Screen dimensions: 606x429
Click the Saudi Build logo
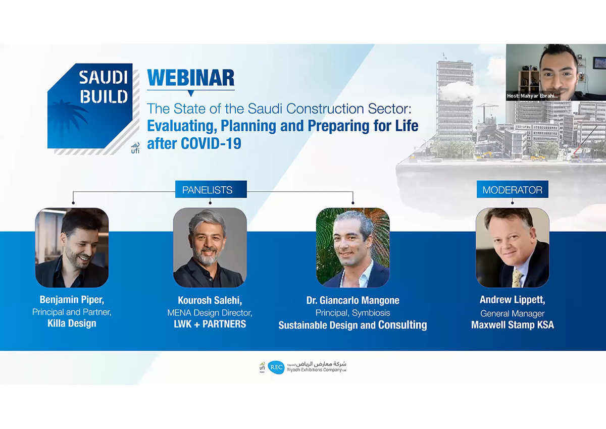click(93, 109)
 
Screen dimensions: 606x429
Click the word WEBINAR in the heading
click(191, 78)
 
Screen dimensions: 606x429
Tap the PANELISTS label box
click(211, 189)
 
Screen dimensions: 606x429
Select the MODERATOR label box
click(513, 189)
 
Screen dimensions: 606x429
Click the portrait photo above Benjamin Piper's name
click(72, 247)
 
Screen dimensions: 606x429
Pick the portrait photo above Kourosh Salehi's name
click(210, 247)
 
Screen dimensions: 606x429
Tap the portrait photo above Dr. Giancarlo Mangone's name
click(353, 247)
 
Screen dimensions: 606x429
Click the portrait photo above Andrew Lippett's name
click(513, 247)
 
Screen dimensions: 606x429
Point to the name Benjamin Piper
click(72, 299)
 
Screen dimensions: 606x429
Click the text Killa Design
click(72, 324)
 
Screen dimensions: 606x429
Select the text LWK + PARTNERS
click(210, 324)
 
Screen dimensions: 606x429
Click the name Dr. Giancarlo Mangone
click(353, 300)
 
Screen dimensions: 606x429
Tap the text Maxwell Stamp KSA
click(513, 325)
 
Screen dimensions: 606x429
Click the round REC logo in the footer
click(276, 367)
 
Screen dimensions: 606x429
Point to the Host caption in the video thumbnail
click(532, 96)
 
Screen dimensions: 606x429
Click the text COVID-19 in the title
click(211, 143)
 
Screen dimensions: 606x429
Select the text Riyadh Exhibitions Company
click(314, 370)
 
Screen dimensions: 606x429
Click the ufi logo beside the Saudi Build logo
click(135, 148)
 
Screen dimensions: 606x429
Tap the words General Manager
click(513, 313)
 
